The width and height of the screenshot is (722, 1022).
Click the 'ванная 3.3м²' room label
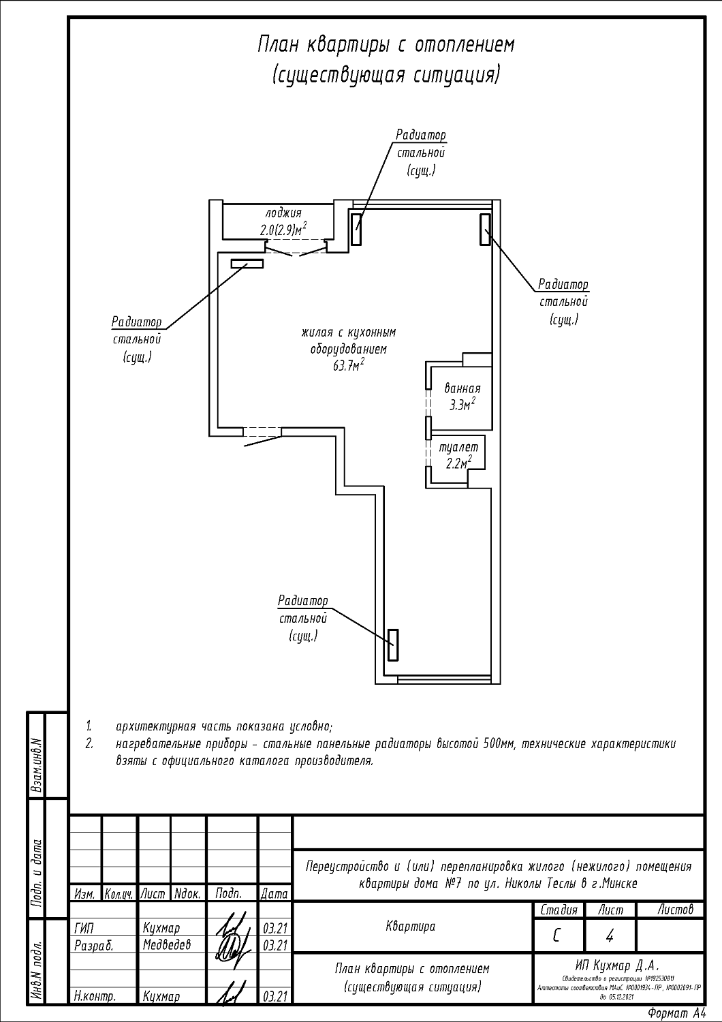(462, 397)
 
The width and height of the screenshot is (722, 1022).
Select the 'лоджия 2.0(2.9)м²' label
(283, 221)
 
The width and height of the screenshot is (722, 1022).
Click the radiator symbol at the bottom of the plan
(392, 645)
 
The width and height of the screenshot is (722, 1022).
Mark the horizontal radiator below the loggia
(247, 264)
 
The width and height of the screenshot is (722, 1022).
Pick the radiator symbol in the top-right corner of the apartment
(484, 229)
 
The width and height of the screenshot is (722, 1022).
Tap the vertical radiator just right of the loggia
(356, 228)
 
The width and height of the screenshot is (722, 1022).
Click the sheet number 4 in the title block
(610, 937)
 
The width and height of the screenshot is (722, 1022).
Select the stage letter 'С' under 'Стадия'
(557, 937)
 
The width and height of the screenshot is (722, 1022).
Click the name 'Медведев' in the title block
(167, 945)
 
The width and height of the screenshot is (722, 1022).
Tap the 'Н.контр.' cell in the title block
(94, 996)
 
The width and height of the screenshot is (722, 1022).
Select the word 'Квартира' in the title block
(410, 927)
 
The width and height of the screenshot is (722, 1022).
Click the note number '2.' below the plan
(89, 743)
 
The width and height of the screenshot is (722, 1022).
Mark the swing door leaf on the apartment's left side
(263, 442)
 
